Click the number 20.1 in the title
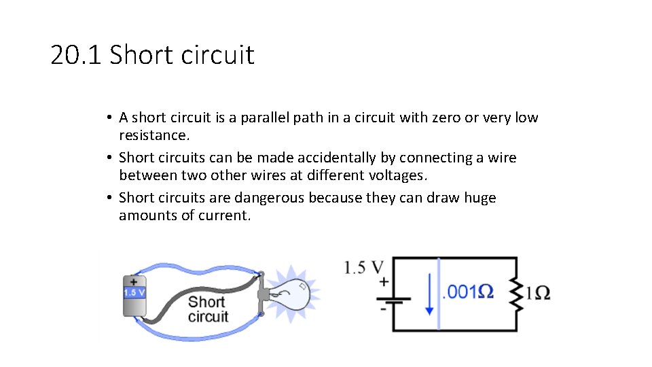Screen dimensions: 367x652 pos(75,55)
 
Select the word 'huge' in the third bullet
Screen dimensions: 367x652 pos(480,198)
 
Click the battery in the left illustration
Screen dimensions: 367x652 pos(134,297)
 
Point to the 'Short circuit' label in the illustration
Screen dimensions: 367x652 pos(207,309)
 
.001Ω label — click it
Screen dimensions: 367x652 pos(468,292)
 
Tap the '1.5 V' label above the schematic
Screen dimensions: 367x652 pos(364,267)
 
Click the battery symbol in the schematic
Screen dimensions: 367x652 pos(393,299)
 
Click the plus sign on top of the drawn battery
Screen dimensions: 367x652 pos(134,280)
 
